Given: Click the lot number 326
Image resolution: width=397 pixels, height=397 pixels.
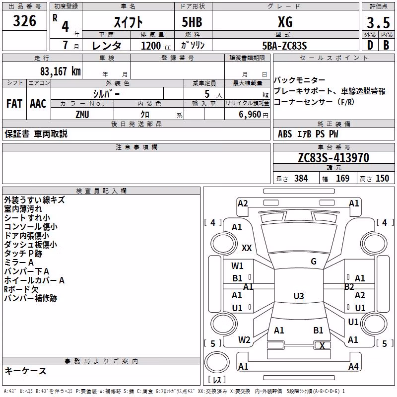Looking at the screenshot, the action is (24, 21).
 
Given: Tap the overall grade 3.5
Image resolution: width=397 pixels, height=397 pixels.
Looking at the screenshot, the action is (378, 22).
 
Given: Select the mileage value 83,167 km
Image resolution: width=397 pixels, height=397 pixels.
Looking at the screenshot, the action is (60, 71).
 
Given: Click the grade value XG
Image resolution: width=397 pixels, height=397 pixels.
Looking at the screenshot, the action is (285, 22).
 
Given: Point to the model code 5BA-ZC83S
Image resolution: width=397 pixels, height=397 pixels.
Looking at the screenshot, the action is (284, 46).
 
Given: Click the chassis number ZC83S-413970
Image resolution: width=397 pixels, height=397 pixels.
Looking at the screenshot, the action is (333, 158).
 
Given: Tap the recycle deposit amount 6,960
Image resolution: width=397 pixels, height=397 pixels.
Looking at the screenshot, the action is (250, 115).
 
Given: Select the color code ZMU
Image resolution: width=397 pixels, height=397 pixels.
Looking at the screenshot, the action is (82, 115).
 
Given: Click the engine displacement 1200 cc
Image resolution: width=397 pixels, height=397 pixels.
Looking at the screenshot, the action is (156, 46).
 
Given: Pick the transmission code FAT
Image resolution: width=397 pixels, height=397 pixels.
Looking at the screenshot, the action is (14, 104).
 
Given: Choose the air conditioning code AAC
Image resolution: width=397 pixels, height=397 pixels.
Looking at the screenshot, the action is (38, 104).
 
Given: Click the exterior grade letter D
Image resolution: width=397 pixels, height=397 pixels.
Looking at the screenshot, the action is (370, 45).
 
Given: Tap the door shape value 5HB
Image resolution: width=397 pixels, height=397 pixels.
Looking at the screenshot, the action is (192, 22).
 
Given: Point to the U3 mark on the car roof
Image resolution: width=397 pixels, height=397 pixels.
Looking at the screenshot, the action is (299, 296).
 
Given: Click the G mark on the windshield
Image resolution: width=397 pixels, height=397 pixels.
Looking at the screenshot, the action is (314, 262).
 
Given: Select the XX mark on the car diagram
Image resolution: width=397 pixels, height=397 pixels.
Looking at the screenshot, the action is (247, 248).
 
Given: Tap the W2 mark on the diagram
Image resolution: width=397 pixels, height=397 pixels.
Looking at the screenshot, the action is (244, 340).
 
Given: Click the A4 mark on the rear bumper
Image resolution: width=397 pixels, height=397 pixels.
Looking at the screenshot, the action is (353, 366).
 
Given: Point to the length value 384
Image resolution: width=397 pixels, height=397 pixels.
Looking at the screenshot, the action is (301, 178).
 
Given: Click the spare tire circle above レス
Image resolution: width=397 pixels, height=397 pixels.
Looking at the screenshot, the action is (217, 362).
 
